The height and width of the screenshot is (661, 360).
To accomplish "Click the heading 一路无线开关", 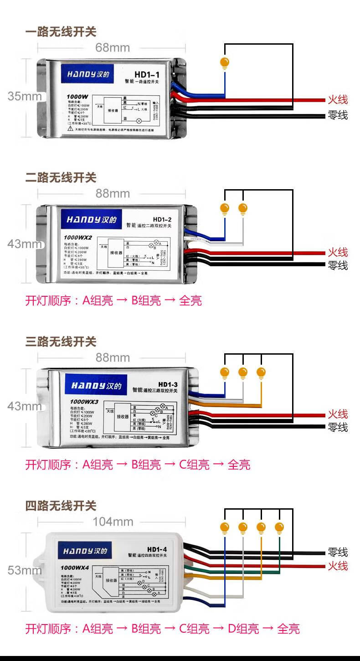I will (x=61, y=32).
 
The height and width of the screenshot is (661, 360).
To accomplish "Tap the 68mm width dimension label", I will (x=113, y=48).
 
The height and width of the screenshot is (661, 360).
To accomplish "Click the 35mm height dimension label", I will (x=24, y=96).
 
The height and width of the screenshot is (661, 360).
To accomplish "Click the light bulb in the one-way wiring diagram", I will (x=224, y=62).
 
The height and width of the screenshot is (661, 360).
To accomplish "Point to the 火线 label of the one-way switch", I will (x=338, y=100).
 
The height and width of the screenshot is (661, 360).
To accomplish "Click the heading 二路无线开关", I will (x=61, y=177).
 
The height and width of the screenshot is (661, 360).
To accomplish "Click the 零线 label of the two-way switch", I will (x=338, y=265).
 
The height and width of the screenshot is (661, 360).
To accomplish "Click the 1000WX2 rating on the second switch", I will (x=78, y=238).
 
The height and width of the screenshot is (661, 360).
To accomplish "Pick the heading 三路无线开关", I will (x=61, y=341).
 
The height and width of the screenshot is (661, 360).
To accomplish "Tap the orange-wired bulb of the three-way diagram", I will (x=261, y=372).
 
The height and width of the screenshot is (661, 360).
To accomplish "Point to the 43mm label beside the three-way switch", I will (x=24, y=406).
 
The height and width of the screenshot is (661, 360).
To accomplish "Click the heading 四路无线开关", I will (x=61, y=506).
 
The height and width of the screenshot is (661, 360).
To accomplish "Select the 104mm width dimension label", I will (x=113, y=522).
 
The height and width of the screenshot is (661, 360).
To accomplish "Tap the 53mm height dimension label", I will (x=24, y=570).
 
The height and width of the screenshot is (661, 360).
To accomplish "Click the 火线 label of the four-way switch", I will (x=338, y=566).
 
